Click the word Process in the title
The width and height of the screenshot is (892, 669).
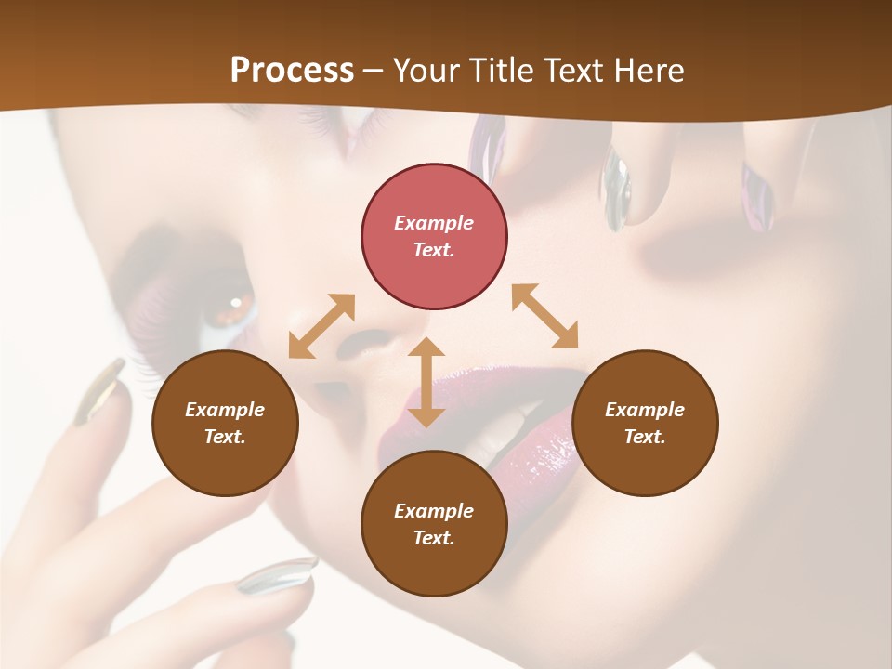pyautogui.click(x=292, y=71)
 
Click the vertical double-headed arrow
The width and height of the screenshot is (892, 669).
pyautogui.click(x=426, y=382)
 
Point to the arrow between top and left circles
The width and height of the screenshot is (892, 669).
pyautogui.click(x=321, y=325)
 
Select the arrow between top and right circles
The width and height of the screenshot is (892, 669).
pyautogui.click(x=544, y=316)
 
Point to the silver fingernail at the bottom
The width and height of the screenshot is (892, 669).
pyautogui.click(x=277, y=575)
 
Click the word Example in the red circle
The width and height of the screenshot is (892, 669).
pyautogui.click(x=434, y=223)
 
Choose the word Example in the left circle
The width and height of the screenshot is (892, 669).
pyautogui.click(x=225, y=410)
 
